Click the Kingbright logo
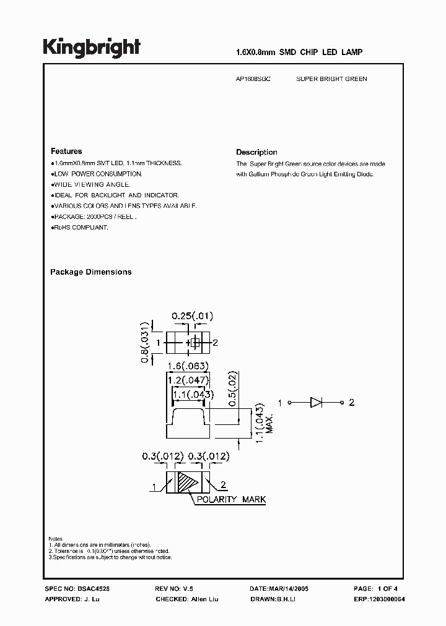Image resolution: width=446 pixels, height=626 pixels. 92,48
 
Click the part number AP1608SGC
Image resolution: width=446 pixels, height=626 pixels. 253,79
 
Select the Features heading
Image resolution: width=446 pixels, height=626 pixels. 66,151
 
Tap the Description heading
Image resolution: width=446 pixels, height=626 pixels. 256,152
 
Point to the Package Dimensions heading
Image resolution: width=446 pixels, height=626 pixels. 91,272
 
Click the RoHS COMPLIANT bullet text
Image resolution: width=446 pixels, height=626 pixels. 81,228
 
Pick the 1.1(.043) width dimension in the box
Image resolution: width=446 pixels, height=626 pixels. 193,395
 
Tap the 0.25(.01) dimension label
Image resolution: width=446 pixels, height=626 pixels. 191,317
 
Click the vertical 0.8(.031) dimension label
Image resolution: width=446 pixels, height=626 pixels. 144,342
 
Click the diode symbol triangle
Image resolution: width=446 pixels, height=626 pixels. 315,403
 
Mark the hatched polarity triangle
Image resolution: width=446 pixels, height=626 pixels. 188,482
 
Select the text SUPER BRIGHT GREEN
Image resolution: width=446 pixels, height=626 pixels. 331,79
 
